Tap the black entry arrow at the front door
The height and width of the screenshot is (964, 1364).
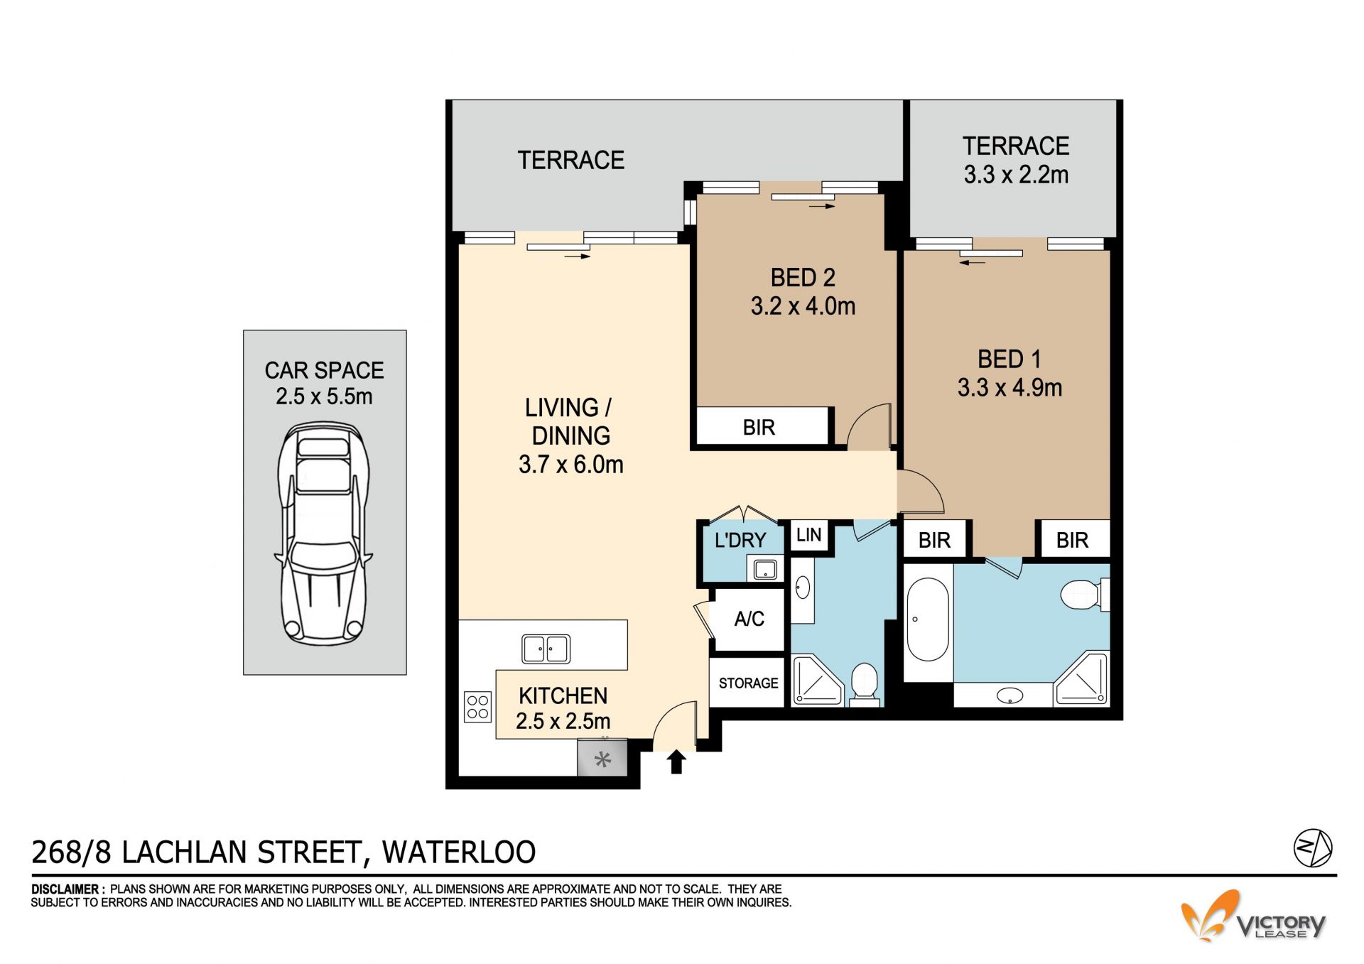click(676, 762)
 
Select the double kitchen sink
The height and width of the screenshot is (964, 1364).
click(546, 649)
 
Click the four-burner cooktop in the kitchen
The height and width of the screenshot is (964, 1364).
click(478, 707)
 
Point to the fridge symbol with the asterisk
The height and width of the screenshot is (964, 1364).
click(602, 759)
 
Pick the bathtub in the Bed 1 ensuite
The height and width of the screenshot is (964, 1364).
click(928, 619)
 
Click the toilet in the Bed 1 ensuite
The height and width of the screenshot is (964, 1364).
click(1084, 595)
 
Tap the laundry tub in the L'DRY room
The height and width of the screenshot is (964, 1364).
click(765, 569)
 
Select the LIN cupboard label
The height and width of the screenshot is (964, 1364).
click(808, 535)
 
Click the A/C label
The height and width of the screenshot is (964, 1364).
click(749, 619)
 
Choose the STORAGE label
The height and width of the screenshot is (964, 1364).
click(748, 683)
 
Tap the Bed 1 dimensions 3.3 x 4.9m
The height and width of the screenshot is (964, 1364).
click(1010, 388)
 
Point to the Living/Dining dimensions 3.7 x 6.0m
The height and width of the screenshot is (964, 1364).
click(571, 465)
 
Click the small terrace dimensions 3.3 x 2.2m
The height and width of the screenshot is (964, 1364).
click(1016, 175)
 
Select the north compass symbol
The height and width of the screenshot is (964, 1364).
click(1312, 847)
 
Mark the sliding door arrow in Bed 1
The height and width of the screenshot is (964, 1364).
click(973, 263)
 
